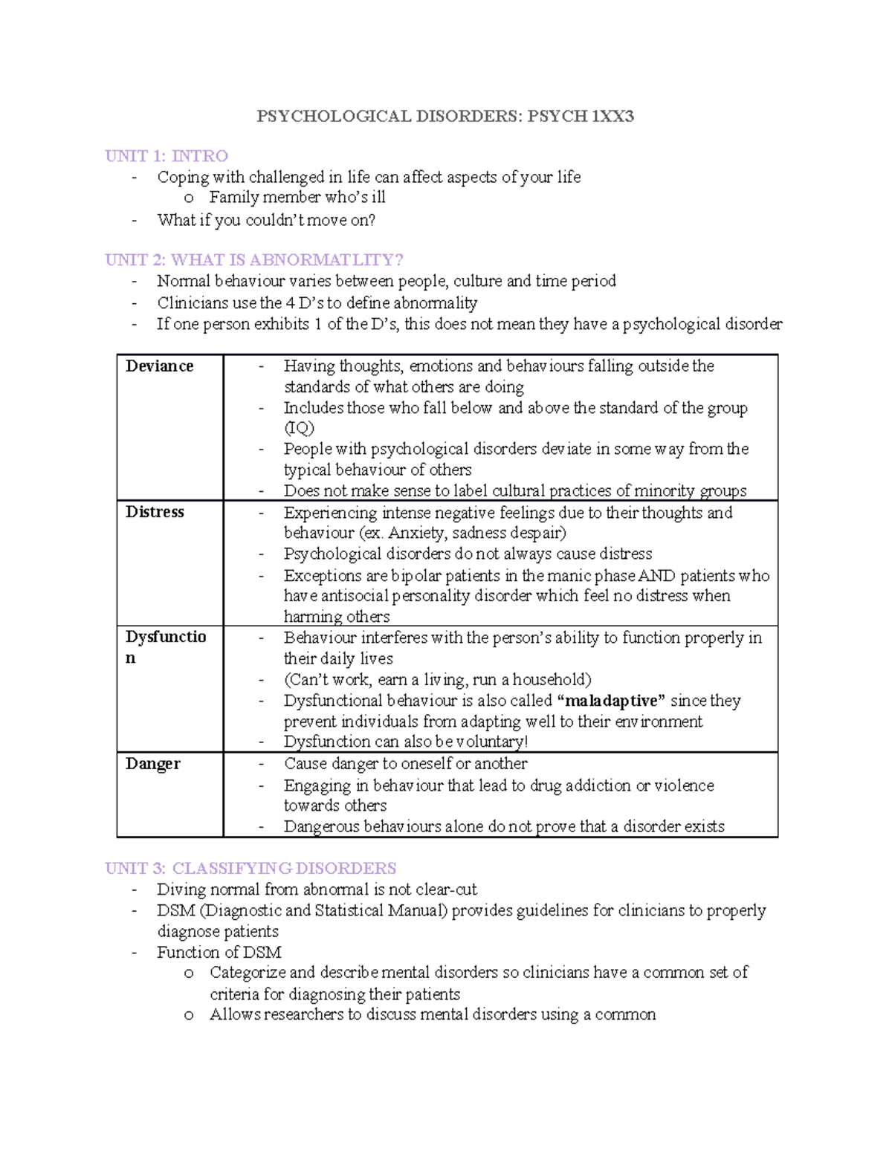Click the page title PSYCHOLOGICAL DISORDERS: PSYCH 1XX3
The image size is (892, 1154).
click(x=445, y=116)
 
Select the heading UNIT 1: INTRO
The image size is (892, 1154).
click(x=167, y=156)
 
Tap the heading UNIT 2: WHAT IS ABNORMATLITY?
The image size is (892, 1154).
click(x=253, y=260)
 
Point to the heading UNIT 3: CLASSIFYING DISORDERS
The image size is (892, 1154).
click(x=251, y=868)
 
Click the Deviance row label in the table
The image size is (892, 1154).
click(x=159, y=366)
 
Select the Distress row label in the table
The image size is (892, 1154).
click(x=155, y=512)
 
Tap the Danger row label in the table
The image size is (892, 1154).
click(x=152, y=764)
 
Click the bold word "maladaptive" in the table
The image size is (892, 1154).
click(x=610, y=701)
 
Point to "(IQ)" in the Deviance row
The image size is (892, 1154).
click(x=299, y=428)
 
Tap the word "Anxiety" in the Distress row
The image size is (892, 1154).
click(x=417, y=533)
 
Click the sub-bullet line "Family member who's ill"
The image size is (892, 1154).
click(x=297, y=198)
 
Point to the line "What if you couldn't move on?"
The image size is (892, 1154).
click(x=266, y=220)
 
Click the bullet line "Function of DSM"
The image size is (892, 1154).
click(x=219, y=952)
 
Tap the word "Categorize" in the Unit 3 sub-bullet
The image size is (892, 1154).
click(x=247, y=973)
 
